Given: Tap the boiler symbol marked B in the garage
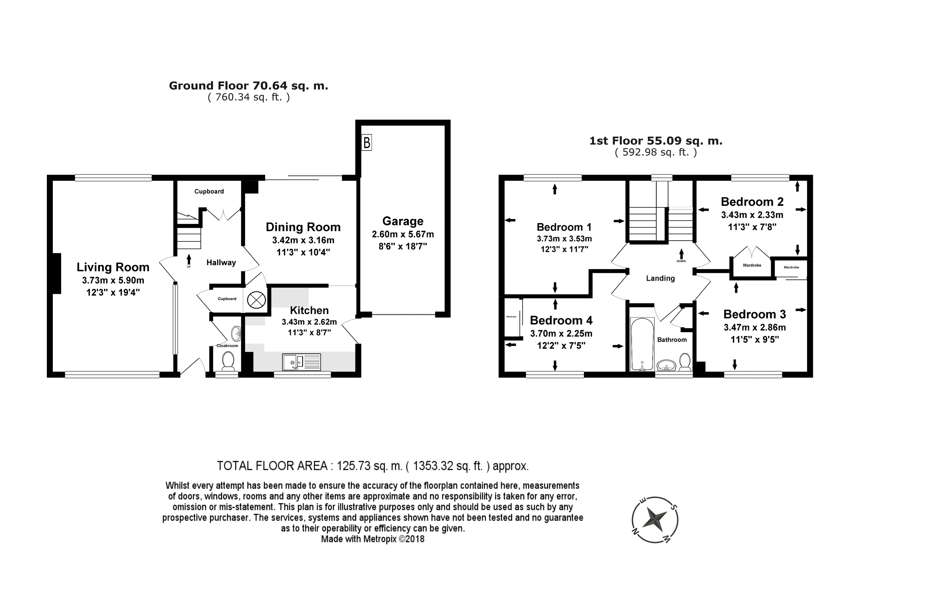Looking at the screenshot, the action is pyautogui.click(x=367, y=143).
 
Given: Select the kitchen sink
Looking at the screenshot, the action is pyautogui.click(x=302, y=362).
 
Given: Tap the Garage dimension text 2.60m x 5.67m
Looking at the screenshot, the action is pyautogui.click(x=403, y=234).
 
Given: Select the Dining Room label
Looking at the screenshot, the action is pyautogui.click(x=303, y=227).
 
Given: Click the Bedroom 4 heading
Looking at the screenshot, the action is pyautogui.click(x=561, y=320).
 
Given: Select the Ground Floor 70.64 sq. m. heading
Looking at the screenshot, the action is pyautogui.click(x=248, y=86).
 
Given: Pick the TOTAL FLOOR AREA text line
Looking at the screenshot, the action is pyautogui.click(x=373, y=466).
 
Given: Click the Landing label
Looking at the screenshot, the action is pyautogui.click(x=661, y=278).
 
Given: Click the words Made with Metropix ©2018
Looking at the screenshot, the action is pyautogui.click(x=373, y=539).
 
